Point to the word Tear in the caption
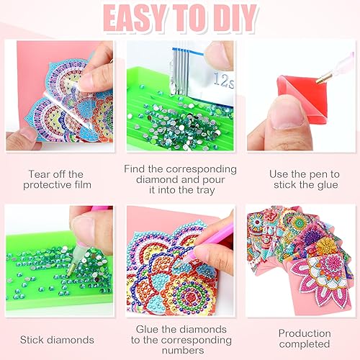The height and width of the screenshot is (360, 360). coord(40,174)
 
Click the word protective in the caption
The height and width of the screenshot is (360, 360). coord(46,185)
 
